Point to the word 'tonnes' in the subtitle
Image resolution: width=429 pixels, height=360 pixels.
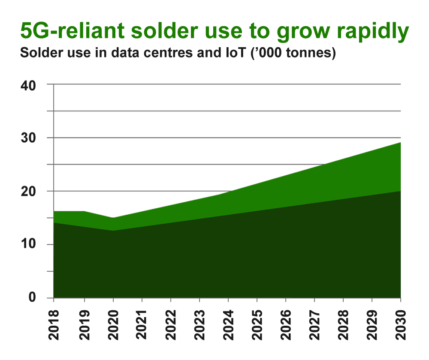[311, 55]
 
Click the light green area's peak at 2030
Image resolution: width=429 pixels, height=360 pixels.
[400, 143]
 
